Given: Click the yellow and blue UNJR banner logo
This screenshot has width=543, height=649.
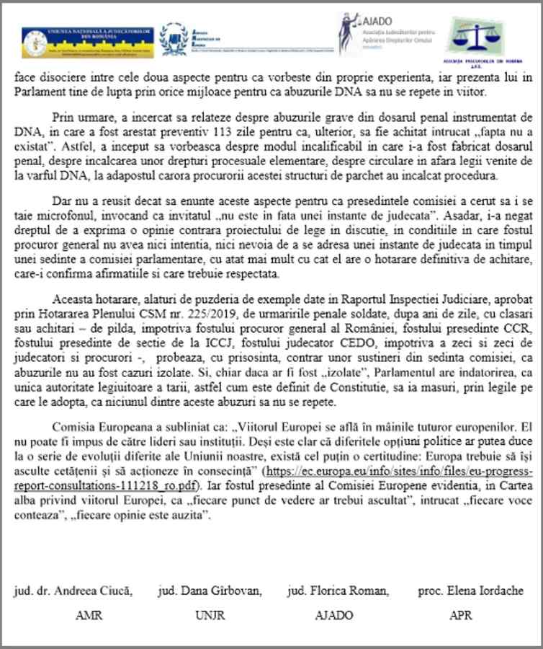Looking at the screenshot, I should pos(85,42).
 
